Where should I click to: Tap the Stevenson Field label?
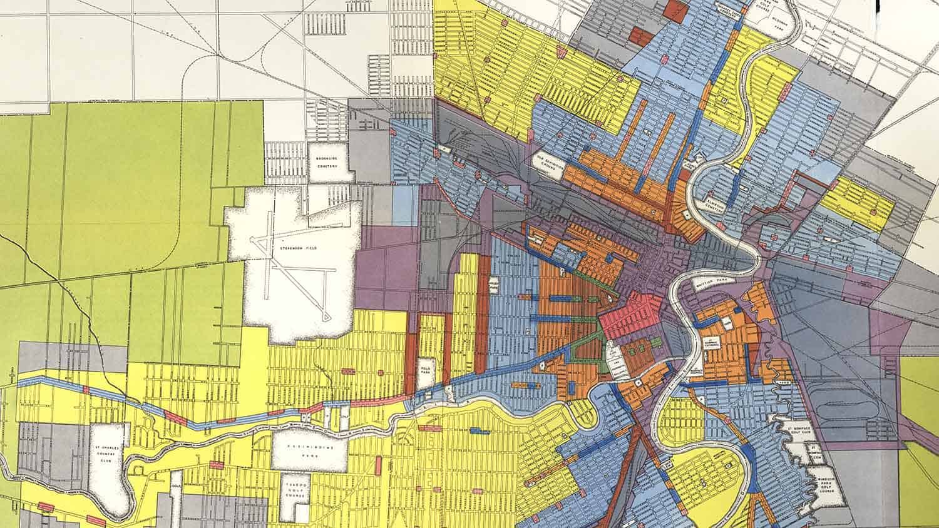click(299, 248)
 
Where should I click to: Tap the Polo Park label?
click(428, 366)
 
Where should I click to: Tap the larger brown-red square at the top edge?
click(675, 11)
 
